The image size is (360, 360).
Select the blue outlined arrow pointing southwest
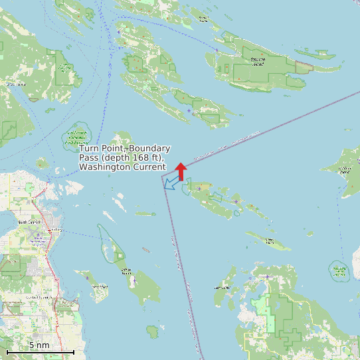click(173, 182)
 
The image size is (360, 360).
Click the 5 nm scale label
click(39, 345)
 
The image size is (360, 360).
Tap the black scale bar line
click(40, 351)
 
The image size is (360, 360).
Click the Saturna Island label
click(258, 62)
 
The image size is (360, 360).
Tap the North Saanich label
click(29, 222)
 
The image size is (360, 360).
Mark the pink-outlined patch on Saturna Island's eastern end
click(304, 67)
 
